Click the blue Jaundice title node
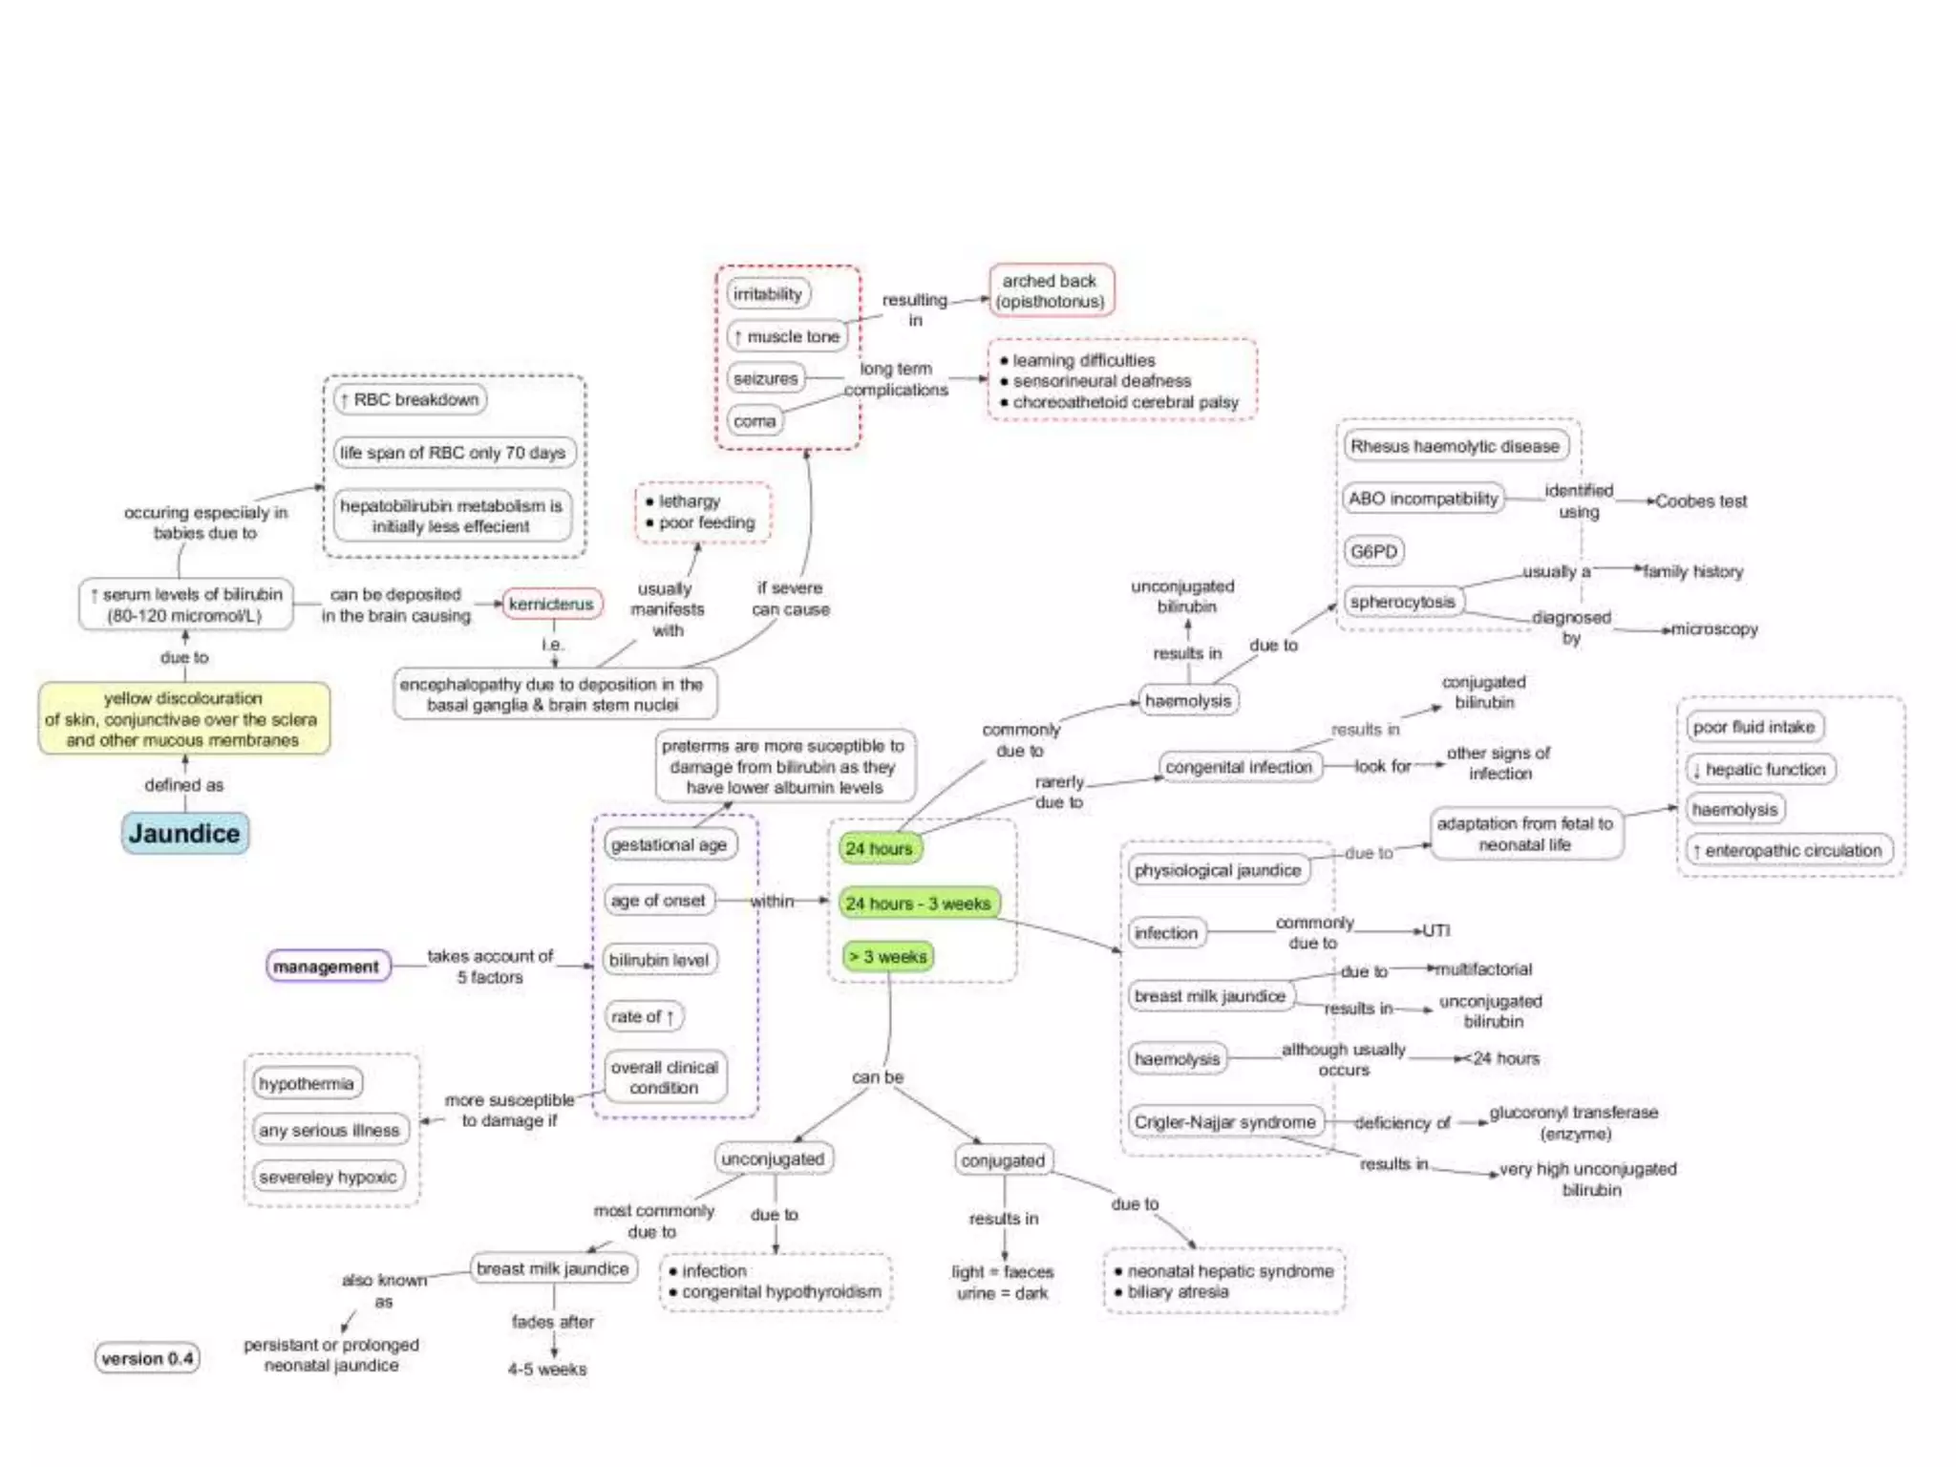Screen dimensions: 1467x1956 [184, 834]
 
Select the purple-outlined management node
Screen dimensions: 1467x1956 [327, 967]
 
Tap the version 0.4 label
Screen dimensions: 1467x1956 [147, 1358]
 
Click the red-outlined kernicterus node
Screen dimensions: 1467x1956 [551, 604]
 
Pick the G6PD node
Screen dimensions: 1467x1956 [1373, 551]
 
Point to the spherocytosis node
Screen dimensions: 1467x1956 [1402, 602]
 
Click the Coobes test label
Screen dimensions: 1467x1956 [1701, 501]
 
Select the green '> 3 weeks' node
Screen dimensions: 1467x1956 [887, 956]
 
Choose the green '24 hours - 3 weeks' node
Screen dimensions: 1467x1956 [918, 904]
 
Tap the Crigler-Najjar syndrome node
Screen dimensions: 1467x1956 [1224, 1122]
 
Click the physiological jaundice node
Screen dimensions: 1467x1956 [1217, 870]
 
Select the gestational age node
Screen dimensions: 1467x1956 [669, 845]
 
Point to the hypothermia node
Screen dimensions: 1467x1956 [306, 1083]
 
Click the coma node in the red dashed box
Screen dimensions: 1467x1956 [755, 421]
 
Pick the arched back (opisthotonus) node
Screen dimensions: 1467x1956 [1050, 291]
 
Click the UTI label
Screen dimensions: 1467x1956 [1435, 930]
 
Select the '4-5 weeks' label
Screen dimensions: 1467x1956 [547, 1369]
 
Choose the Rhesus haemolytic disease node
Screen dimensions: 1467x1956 [1454, 446]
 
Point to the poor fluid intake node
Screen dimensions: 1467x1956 [1753, 727]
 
